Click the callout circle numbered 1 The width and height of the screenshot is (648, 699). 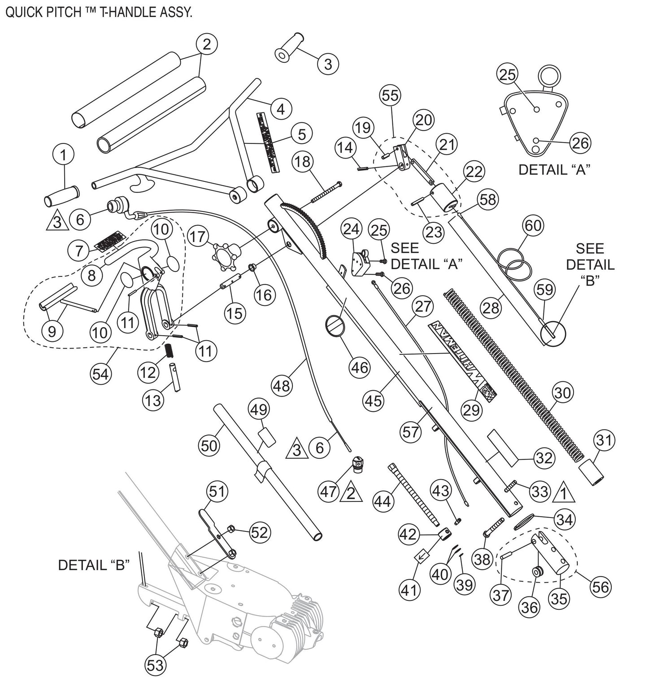coord(63,155)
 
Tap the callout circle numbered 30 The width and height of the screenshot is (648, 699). coord(563,393)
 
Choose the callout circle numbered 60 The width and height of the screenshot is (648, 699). coord(533,226)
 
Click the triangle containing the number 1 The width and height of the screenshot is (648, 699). coord(564,493)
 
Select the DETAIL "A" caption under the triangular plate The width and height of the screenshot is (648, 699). coord(554,170)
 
